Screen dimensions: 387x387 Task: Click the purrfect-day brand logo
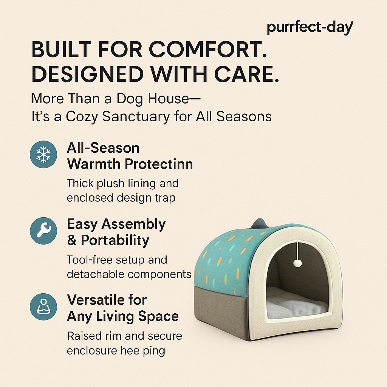(310, 27)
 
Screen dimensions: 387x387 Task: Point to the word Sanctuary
(136, 116)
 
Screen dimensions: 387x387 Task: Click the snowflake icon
(43, 155)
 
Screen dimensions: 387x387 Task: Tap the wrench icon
(43, 231)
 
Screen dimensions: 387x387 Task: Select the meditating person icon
(43, 307)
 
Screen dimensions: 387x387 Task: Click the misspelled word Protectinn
(158, 164)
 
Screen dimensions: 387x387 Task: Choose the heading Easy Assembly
(116, 224)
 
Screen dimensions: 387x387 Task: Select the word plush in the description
(110, 184)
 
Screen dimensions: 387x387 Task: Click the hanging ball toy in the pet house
(297, 263)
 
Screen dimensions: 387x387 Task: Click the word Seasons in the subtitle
(244, 116)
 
